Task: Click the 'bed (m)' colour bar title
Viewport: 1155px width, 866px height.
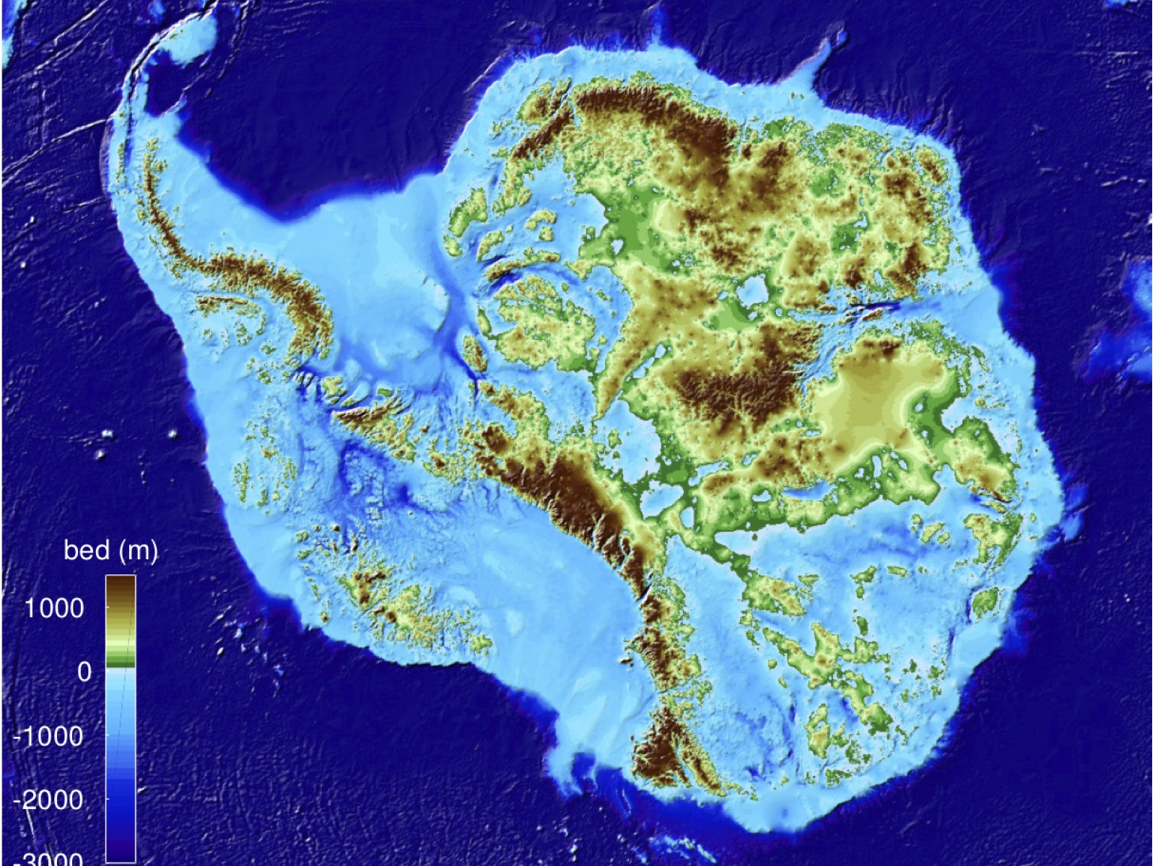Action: (110, 551)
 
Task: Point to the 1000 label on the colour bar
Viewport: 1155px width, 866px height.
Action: (54, 608)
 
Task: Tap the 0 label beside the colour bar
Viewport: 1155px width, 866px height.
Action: (84, 672)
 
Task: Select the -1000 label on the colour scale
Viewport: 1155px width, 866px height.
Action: (48, 736)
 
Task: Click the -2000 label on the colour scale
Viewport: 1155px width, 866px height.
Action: (48, 800)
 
